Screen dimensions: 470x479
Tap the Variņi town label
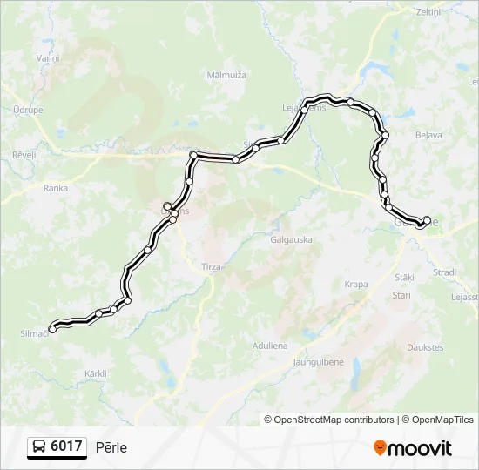[47, 57]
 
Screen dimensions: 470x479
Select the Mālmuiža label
[226, 75]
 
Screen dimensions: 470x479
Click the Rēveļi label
[24, 154]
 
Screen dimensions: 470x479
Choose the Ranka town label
[56, 187]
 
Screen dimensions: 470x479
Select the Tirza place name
[211, 267]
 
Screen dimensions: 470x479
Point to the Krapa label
[355, 285]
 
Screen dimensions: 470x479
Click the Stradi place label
[444, 272]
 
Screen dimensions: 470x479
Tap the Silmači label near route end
[33, 332]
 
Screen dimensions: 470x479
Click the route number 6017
[67, 446]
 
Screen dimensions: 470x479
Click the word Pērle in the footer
[111, 447]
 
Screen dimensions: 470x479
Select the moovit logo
[413, 448]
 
